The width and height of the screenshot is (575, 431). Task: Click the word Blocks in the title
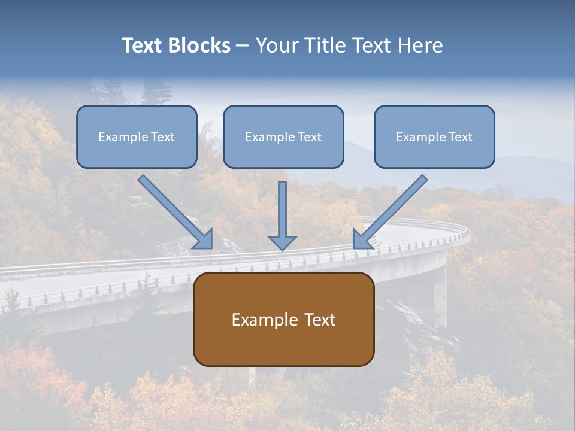[201, 45]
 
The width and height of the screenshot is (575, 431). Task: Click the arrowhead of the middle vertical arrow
[282, 242]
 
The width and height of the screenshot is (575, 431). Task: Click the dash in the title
[243, 46]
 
